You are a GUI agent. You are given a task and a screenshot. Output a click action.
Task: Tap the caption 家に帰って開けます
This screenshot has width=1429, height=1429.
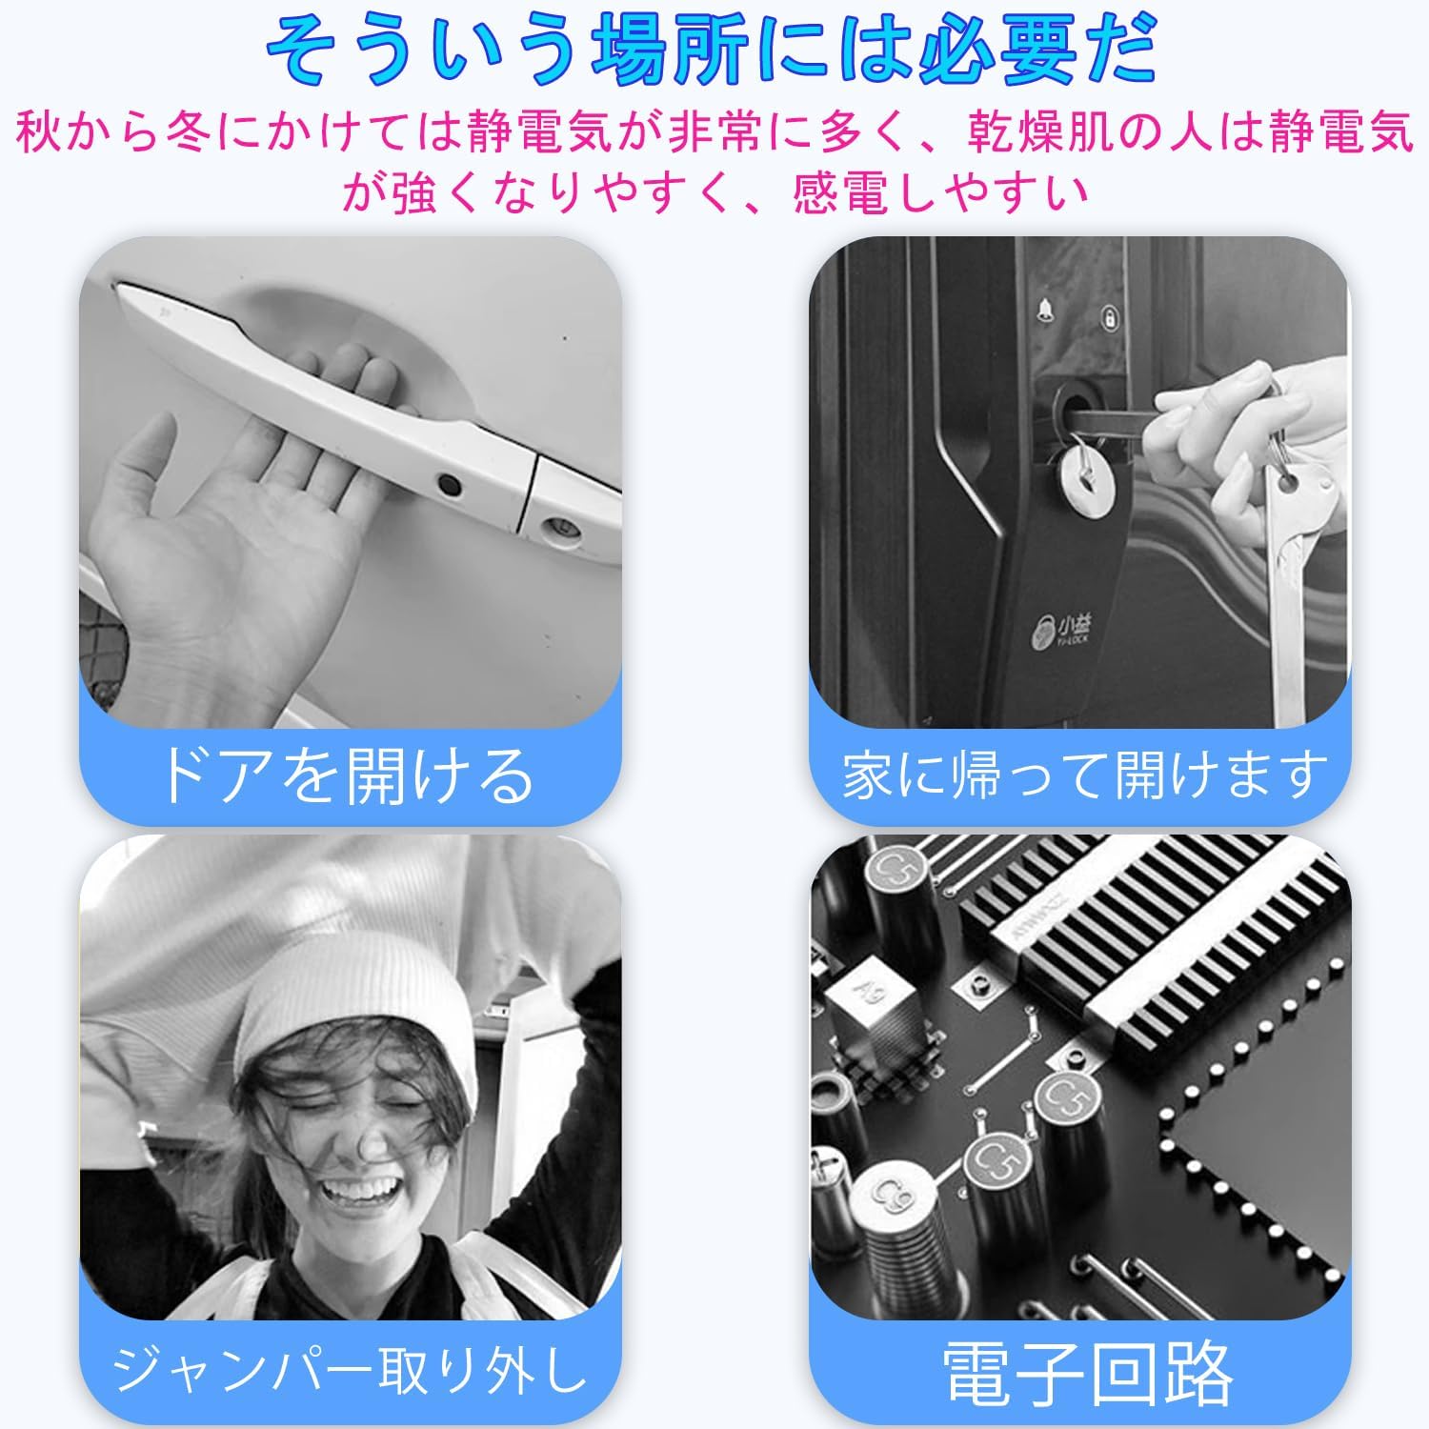pos(1085,775)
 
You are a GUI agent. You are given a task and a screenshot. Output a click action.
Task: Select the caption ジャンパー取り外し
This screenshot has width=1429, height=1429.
pos(349,1369)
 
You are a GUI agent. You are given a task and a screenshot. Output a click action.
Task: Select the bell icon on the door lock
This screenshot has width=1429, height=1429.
pos(1045,310)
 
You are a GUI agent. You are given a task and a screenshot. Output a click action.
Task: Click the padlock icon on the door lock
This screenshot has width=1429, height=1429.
pos(1110,317)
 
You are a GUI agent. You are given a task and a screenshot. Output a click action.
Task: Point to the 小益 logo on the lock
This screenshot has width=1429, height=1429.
pos(1062,629)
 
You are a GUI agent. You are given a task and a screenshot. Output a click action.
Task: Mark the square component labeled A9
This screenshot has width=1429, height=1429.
pos(875,1000)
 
